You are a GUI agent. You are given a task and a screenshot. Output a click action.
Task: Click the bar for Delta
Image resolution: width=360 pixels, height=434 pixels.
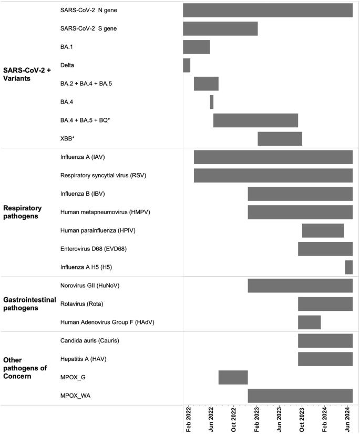point(187,65)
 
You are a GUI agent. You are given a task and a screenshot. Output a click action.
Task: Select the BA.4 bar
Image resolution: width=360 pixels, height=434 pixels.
point(212,102)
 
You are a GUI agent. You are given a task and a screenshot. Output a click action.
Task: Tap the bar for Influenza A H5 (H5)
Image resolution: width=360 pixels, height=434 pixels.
point(349,267)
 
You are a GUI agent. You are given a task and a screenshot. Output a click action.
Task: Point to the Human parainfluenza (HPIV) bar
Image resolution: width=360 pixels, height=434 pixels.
point(323,230)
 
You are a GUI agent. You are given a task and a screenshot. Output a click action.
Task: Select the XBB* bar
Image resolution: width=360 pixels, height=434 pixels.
point(280,139)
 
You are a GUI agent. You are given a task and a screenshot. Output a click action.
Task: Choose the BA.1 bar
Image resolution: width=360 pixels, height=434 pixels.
point(197,47)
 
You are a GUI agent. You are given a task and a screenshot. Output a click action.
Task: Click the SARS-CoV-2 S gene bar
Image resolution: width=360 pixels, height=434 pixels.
point(220,28)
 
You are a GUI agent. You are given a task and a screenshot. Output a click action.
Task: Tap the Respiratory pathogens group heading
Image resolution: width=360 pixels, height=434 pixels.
point(26,212)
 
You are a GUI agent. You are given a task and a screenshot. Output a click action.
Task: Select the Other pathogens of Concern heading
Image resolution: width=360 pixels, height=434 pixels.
point(26,368)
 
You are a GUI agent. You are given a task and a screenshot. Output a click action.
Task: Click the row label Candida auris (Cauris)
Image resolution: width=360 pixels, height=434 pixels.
point(90,340)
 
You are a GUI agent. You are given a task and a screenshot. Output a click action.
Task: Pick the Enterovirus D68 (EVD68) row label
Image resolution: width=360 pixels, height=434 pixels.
point(94,249)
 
